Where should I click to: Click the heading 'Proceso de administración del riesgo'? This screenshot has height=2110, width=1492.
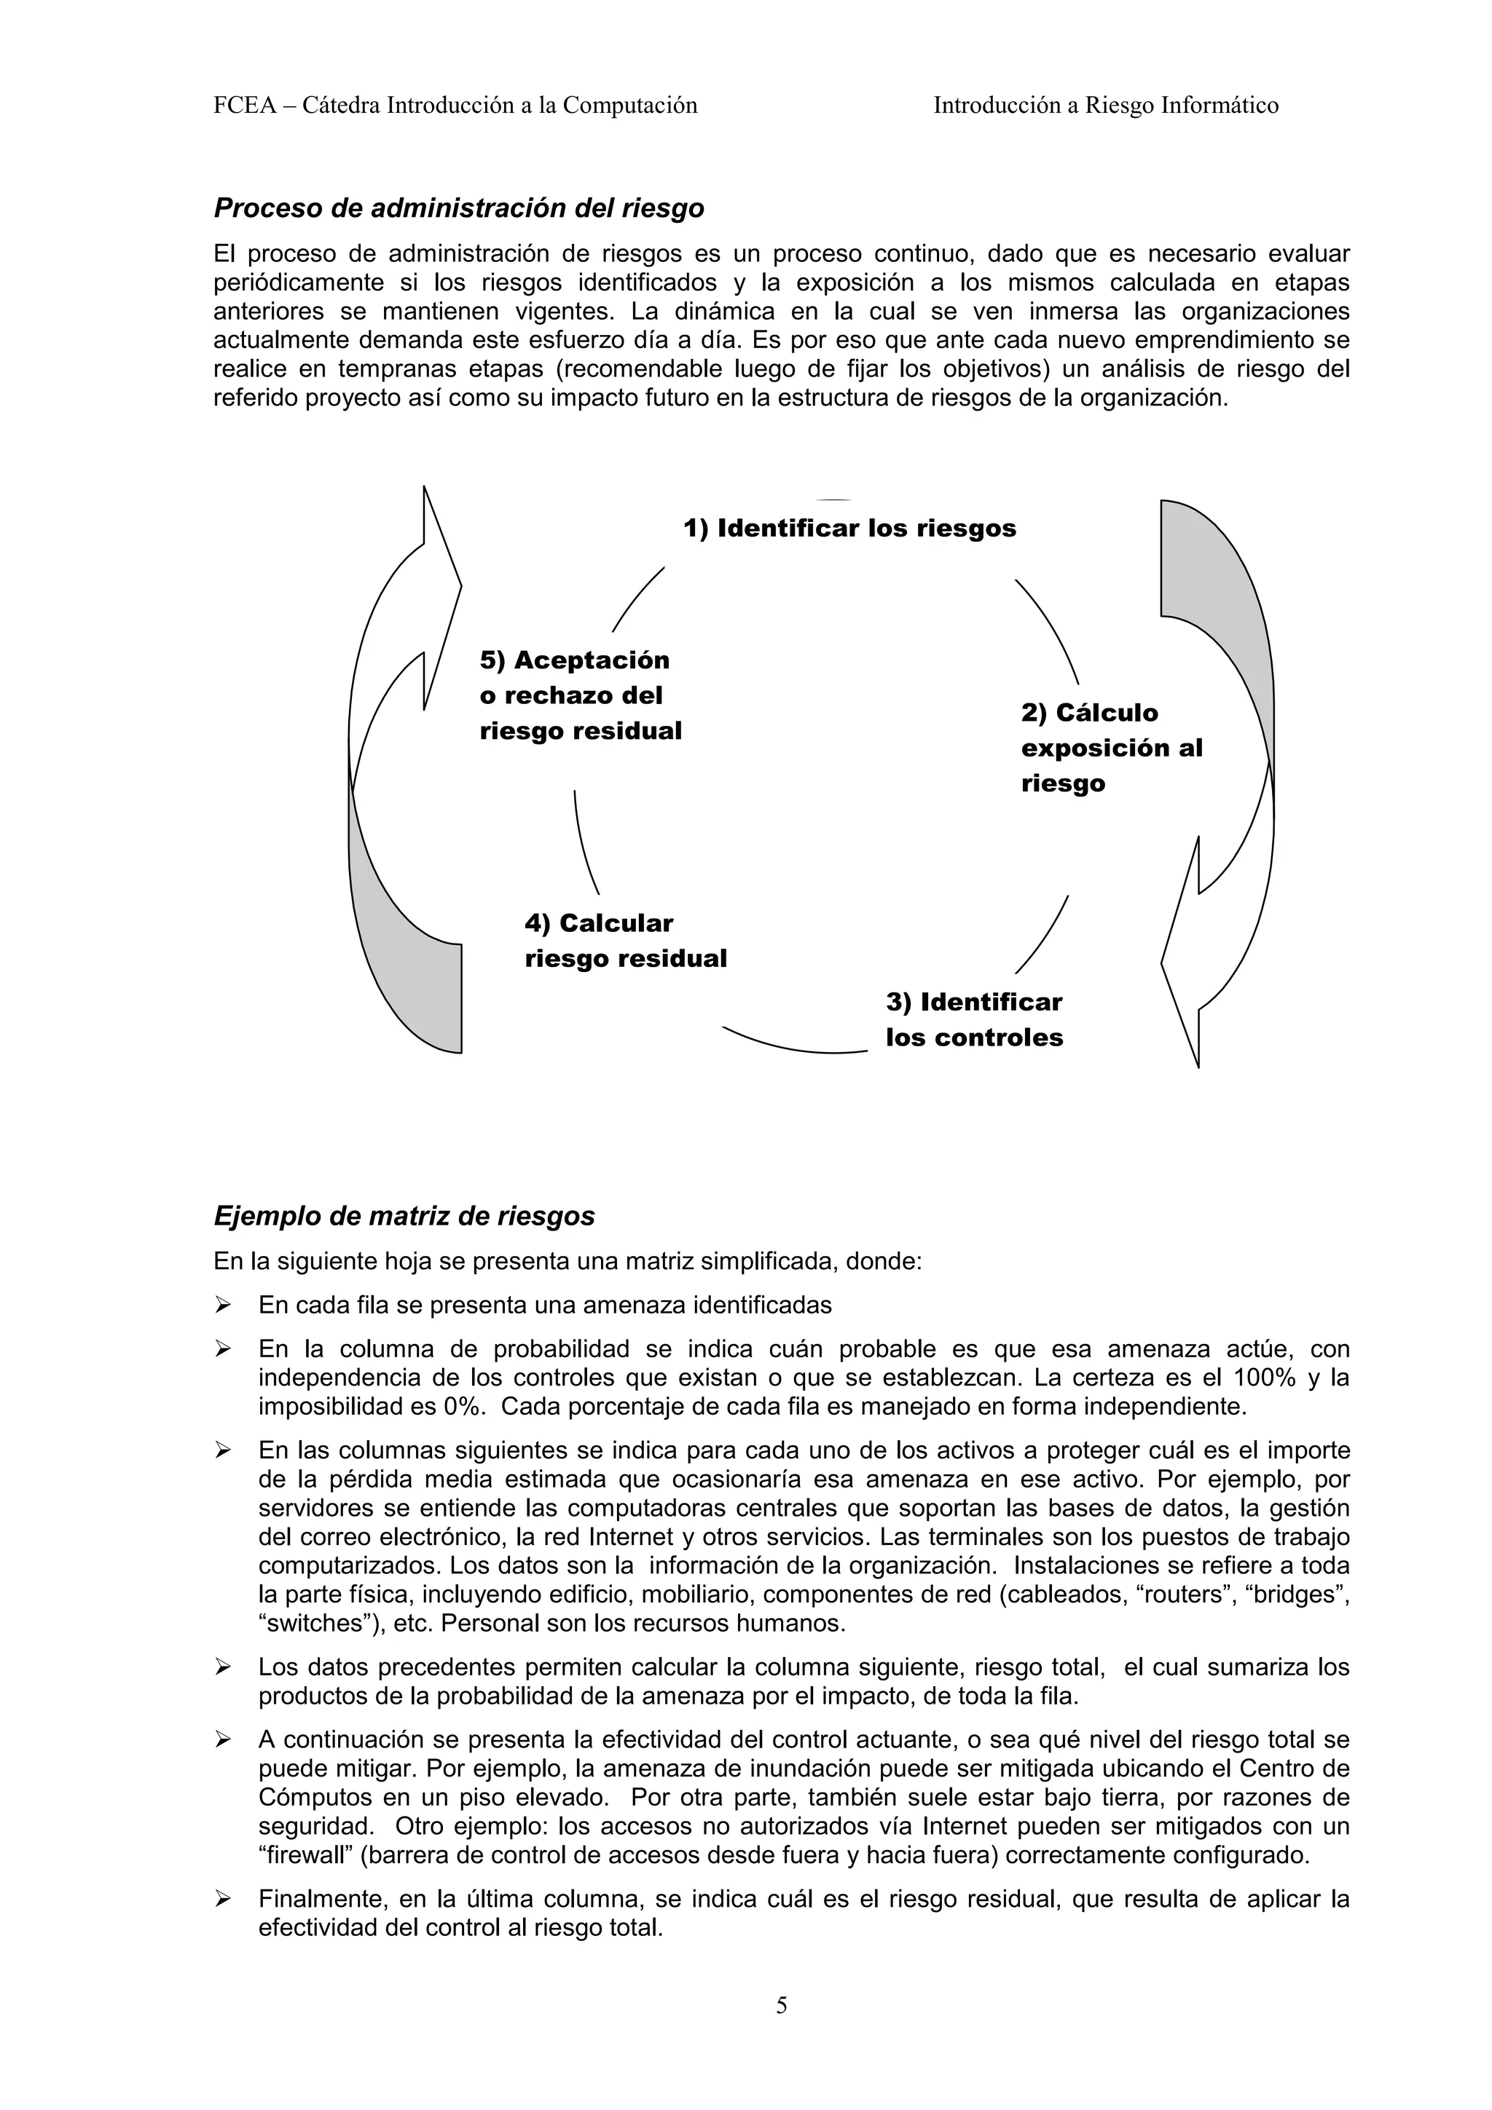(x=459, y=209)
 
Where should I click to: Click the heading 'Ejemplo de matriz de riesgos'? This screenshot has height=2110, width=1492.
(x=404, y=1217)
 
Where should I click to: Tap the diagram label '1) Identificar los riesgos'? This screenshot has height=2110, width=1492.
(x=849, y=529)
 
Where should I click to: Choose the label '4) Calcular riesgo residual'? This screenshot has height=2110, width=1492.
(x=625, y=941)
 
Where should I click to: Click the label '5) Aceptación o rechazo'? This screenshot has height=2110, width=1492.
(x=580, y=695)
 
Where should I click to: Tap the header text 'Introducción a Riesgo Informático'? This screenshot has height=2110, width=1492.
(x=1105, y=106)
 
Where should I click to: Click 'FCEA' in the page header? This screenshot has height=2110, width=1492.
(x=243, y=106)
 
